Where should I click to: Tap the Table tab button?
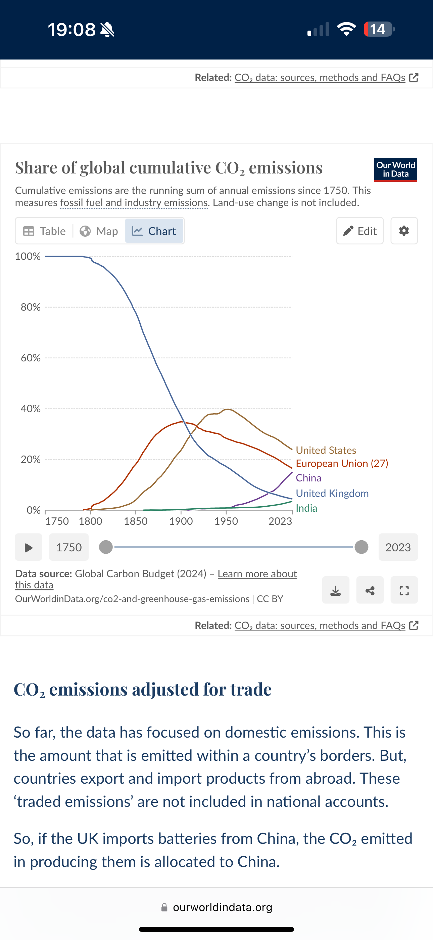[x=44, y=231]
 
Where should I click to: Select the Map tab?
[x=99, y=231]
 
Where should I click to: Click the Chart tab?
[x=154, y=231]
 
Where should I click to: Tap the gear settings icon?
[x=404, y=231]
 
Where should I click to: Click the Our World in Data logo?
[x=395, y=170]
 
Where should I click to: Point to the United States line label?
[x=326, y=450]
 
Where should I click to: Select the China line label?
[x=308, y=478]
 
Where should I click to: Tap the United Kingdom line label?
[x=332, y=493]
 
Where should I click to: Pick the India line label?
[x=306, y=508]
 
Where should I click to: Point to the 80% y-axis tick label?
[x=31, y=307]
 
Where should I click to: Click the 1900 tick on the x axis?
[x=181, y=521]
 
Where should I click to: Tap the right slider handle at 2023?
[x=361, y=547]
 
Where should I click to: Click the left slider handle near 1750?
[x=106, y=547]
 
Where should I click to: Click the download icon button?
[x=336, y=590]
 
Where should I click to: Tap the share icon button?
[x=370, y=590]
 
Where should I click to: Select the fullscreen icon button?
[x=404, y=590]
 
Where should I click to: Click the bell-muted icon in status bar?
[x=107, y=30]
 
